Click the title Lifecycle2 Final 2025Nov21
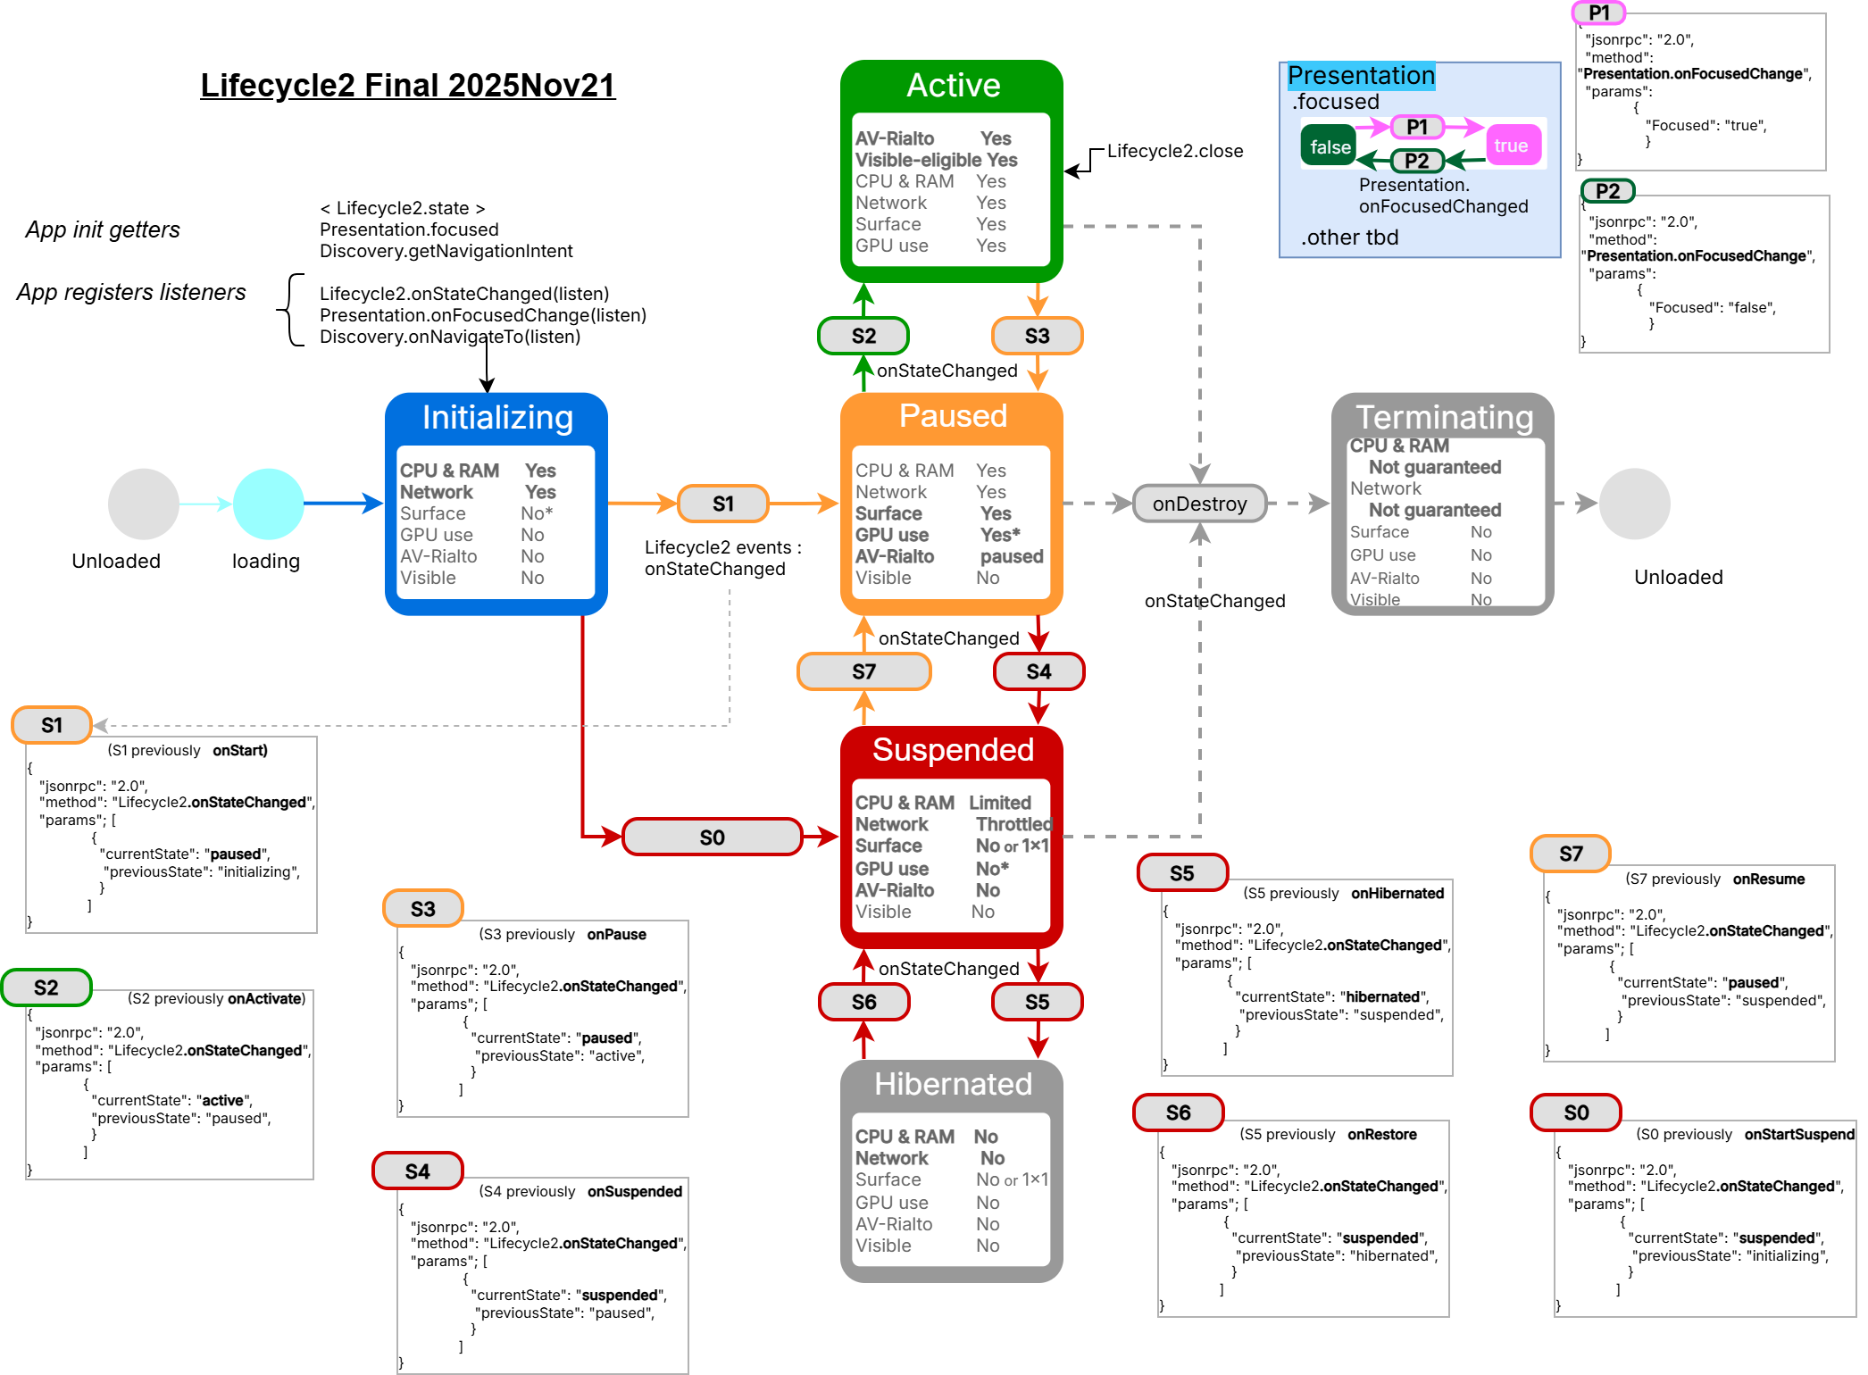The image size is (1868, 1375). click(408, 86)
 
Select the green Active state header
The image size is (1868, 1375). click(953, 86)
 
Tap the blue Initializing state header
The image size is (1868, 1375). click(497, 418)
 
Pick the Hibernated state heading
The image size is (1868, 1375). click(953, 1084)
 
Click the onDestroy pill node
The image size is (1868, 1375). click(1199, 504)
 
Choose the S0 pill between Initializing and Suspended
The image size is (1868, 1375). click(712, 837)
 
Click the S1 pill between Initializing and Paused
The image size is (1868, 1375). click(723, 504)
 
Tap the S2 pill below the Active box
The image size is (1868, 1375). click(863, 336)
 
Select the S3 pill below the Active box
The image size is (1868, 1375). click(1037, 336)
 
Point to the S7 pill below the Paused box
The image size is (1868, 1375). click(863, 671)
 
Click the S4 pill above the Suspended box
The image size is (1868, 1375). click(1038, 671)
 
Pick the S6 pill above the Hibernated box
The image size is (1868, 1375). click(863, 1002)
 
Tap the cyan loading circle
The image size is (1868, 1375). click(268, 504)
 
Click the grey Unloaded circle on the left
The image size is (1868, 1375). click(143, 504)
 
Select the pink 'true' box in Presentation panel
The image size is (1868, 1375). click(1511, 146)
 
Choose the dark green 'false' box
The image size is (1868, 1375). click(1330, 146)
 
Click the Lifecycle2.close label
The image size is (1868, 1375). click(1175, 151)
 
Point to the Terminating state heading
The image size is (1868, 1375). click(1444, 418)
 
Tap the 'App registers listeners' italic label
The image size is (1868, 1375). click(131, 292)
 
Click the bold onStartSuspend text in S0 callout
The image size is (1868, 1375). click(1798, 1134)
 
